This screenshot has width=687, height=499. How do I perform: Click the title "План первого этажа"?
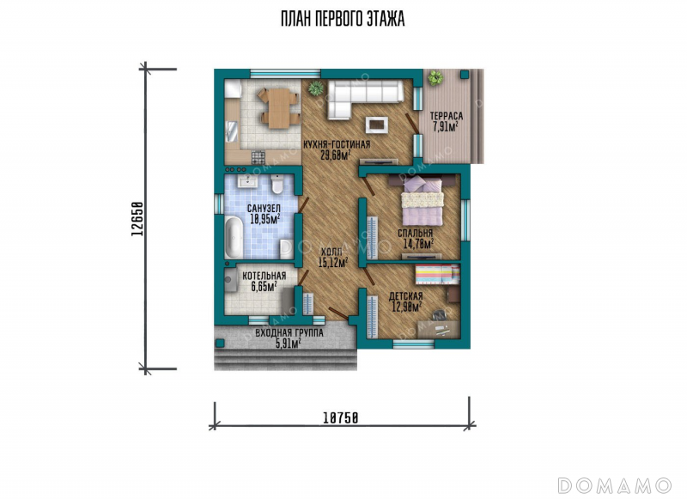(343, 19)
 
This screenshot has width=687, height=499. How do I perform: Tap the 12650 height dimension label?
(137, 219)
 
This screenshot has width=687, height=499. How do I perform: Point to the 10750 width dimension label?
(341, 418)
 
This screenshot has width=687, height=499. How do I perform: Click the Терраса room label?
(446, 116)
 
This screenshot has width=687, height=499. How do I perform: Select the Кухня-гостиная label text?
(337, 144)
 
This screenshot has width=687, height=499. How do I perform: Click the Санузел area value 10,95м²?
(265, 219)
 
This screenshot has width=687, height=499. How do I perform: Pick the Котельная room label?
(264, 276)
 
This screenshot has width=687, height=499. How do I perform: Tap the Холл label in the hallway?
(332, 253)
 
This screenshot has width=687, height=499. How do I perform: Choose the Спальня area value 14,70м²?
(418, 244)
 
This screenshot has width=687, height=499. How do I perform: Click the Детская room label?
(405, 296)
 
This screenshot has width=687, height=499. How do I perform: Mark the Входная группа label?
(289, 333)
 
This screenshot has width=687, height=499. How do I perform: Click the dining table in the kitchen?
(278, 108)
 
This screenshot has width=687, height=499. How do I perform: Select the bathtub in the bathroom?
(234, 237)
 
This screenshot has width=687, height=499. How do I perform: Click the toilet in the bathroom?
(277, 185)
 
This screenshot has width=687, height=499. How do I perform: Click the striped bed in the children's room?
(437, 274)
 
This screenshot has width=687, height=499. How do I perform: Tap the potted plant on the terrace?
(435, 78)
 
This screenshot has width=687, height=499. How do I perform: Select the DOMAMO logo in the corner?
(614, 486)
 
